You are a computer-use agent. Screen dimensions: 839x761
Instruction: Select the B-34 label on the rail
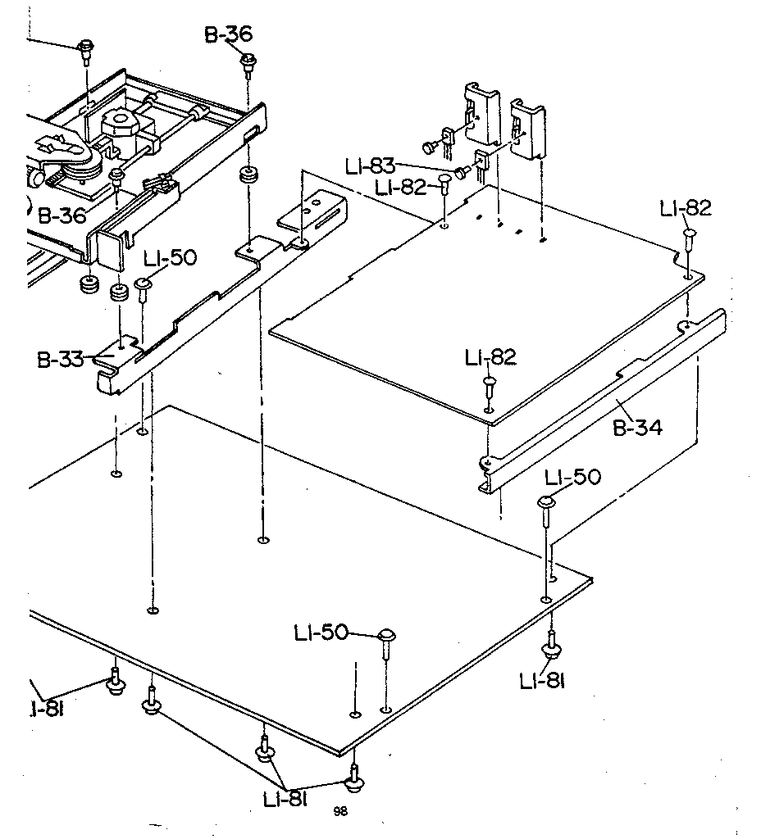638,426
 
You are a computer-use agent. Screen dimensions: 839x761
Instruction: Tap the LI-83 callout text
370,166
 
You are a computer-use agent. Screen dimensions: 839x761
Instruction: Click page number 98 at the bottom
340,811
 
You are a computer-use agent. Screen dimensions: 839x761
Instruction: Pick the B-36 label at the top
228,34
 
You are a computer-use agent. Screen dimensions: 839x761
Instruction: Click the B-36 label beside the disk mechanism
62,216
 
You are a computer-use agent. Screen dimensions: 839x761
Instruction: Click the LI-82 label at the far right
685,209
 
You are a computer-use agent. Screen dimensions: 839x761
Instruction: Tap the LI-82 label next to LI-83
401,188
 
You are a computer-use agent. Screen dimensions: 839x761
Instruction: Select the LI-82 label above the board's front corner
490,357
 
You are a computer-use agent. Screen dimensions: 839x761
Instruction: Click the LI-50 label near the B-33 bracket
170,259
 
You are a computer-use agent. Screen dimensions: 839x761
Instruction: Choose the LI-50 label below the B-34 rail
574,476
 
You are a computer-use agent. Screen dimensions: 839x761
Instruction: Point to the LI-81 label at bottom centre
285,799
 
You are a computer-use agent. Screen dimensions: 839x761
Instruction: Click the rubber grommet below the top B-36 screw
247,178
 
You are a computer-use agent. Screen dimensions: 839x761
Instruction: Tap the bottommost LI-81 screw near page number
354,782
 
